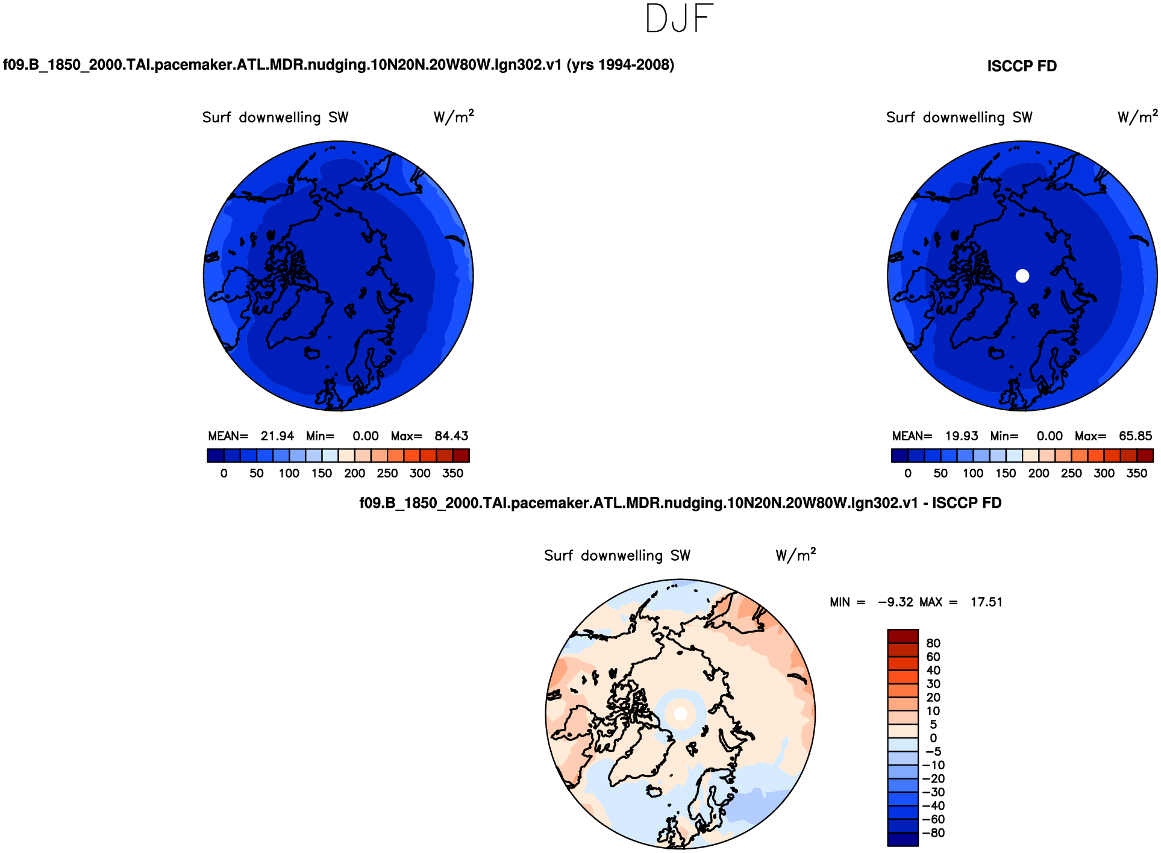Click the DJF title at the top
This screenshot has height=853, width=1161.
[x=679, y=18]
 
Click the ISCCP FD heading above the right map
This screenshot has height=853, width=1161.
[x=1021, y=66]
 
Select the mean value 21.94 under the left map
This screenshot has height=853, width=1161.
[x=277, y=436]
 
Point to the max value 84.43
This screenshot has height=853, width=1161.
[x=451, y=436]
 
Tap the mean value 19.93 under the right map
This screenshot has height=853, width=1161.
[x=962, y=436]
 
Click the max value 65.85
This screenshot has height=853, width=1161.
[x=1135, y=436]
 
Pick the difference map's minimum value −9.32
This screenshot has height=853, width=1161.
[x=895, y=602]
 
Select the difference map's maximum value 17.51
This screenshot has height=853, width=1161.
[x=986, y=602]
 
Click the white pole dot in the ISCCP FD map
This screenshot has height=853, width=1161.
[x=1022, y=276]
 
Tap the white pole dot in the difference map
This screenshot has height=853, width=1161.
[x=680, y=714]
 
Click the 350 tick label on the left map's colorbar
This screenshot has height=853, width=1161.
[x=452, y=473]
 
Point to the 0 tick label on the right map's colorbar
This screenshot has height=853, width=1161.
[x=908, y=473]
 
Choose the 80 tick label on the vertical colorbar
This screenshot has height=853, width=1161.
[x=933, y=643]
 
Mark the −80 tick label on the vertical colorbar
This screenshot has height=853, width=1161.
[x=934, y=833]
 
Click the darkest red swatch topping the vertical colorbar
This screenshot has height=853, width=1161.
[x=903, y=636]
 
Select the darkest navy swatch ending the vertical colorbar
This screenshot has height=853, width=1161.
[x=903, y=839]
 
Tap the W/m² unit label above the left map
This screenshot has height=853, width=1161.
[x=454, y=116]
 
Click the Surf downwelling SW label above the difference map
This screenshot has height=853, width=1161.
[x=617, y=556]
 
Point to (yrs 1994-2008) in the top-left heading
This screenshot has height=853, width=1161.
[x=621, y=65]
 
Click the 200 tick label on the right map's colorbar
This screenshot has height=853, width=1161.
[x=1039, y=473]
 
